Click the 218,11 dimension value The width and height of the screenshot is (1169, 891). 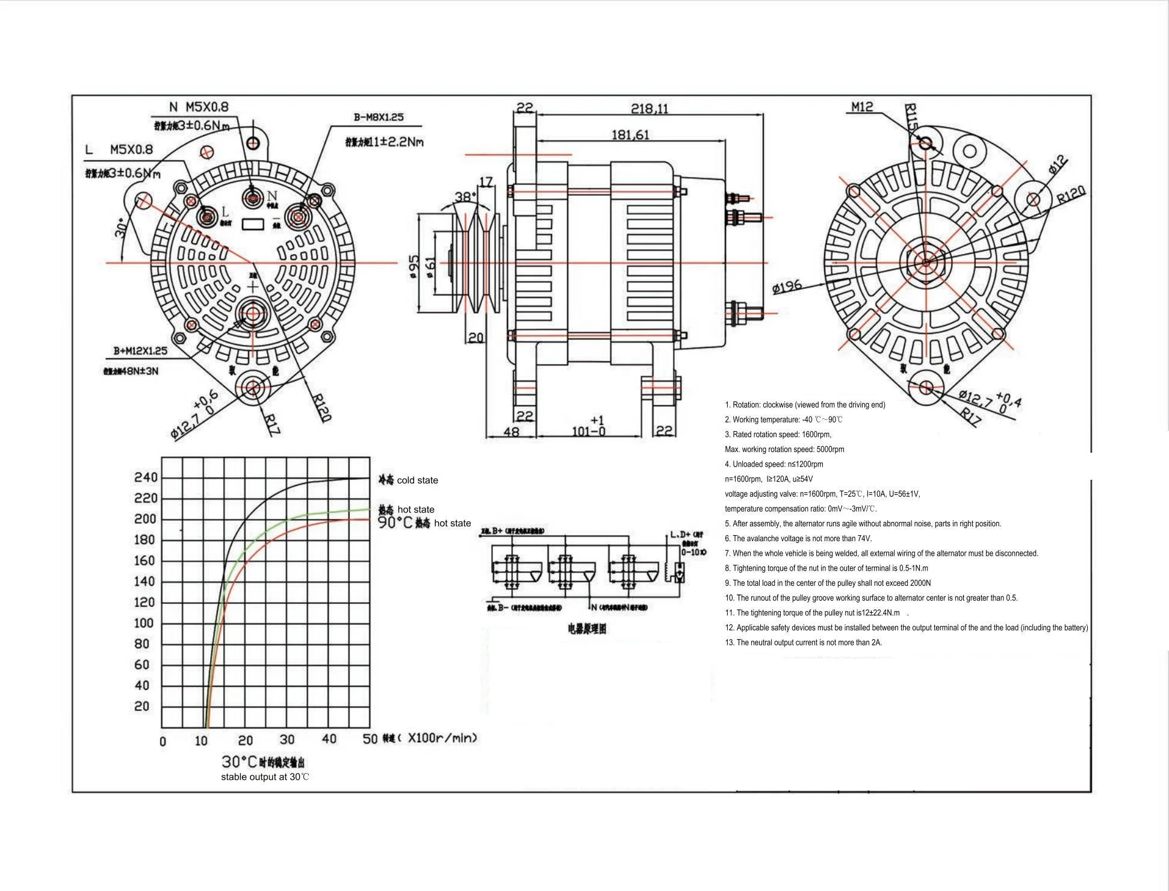tap(649, 108)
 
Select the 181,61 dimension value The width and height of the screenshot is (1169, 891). tap(630, 135)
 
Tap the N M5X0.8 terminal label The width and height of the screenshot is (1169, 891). tap(199, 107)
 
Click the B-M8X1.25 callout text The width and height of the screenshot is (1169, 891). tap(379, 117)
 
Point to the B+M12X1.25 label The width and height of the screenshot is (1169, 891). tap(140, 350)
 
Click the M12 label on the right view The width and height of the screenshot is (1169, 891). tap(862, 107)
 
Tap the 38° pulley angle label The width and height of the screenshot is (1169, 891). tap(465, 197)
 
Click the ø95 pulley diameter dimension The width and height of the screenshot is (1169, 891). tap(414, 267)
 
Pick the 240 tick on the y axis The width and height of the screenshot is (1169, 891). tap(146, 477)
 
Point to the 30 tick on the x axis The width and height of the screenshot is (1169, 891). tap(287, 739)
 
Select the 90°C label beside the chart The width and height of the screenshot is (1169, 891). tap(395, 523)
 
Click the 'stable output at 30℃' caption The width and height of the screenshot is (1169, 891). tap(265, 777)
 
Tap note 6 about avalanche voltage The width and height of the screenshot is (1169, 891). tap(798, 538)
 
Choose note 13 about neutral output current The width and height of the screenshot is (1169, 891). tap(803, 642)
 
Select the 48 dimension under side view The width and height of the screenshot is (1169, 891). tap(510, 432)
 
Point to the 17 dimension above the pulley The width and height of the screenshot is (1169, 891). tap(486, 181)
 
